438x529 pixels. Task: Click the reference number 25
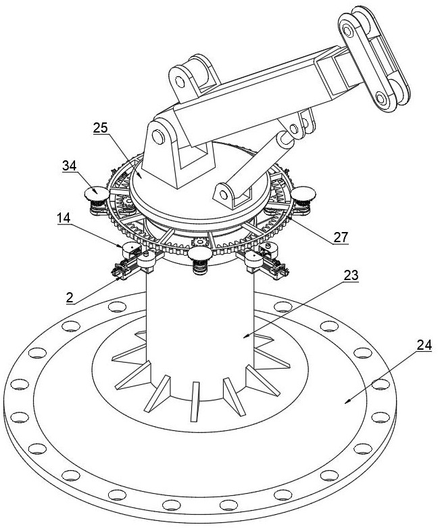101,128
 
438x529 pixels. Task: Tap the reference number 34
69,166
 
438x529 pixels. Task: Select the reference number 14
64,218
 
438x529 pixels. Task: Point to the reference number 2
70,298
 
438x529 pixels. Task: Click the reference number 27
340,237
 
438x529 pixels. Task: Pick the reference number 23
351,275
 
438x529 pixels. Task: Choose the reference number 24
424,345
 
